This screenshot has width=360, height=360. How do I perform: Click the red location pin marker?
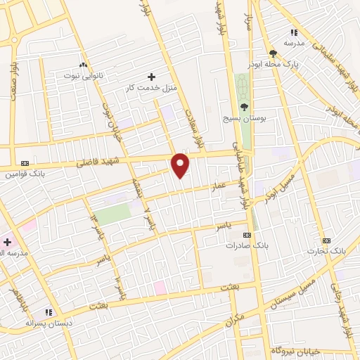click(x=181, y=165)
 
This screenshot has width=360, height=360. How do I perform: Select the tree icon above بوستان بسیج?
click(x=244, y=108)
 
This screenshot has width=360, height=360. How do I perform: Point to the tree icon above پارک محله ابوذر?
click(x=273, y=53)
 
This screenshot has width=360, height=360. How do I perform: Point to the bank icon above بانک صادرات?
click(x=247, y=234)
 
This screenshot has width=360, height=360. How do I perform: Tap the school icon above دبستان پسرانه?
click(x=49, y=311)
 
